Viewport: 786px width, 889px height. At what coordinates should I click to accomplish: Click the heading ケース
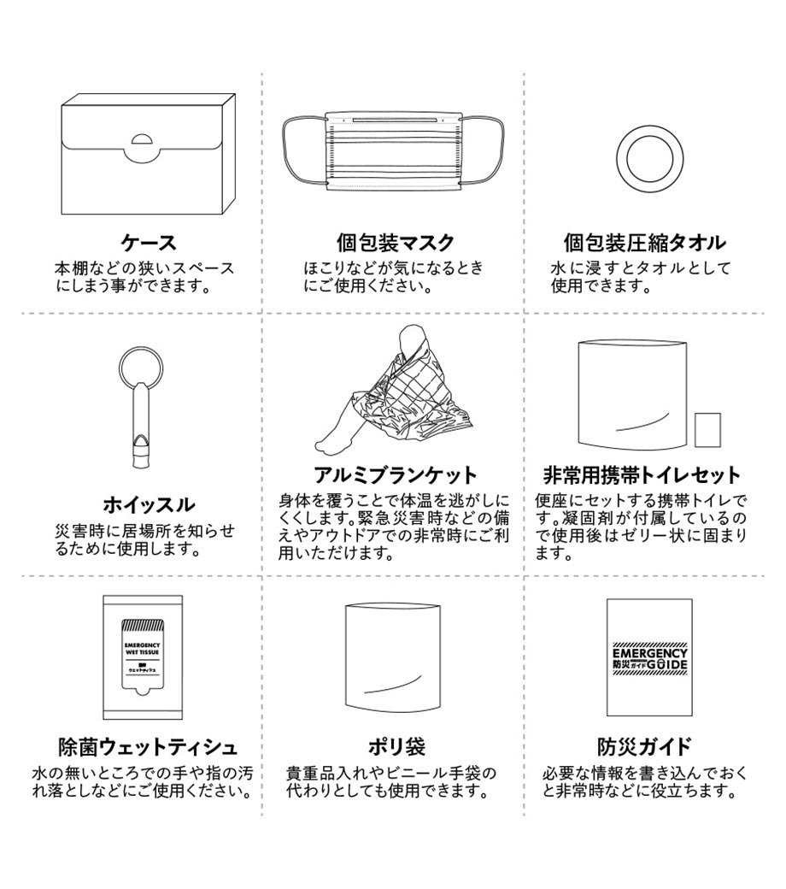point(149,243)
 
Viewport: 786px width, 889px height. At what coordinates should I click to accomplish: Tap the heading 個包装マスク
point(395,243)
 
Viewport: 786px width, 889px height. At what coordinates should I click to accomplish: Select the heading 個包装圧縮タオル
point(644,243)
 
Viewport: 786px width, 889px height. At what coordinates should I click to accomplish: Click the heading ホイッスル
point(149,504)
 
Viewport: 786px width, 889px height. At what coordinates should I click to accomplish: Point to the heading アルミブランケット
point(395,474)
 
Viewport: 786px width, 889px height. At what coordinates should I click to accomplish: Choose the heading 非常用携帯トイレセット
point(642,474)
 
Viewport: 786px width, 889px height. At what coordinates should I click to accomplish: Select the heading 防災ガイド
point(644,747)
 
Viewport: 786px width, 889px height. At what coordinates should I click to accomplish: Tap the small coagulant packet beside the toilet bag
point(707,430)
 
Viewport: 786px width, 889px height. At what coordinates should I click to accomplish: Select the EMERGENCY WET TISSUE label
point(142,649)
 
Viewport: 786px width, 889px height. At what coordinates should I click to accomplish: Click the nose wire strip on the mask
point(395,120)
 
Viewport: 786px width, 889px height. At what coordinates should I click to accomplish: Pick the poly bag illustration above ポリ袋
point(393,656)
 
